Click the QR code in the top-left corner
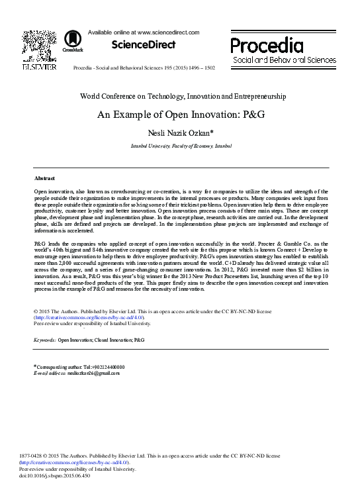coord(39,44)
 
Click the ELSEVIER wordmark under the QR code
coord(39,68)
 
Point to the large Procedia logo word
coord(267,45)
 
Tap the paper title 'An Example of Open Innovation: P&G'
coord(181,113)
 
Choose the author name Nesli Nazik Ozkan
coord(181,132)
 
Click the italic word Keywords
coord(45,339)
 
